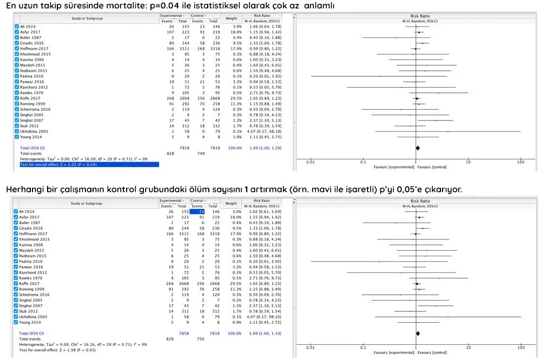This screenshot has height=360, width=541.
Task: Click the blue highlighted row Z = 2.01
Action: point(87,164)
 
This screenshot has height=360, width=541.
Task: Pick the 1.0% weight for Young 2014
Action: point(237,137)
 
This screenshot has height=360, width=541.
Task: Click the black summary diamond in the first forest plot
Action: point(418,148)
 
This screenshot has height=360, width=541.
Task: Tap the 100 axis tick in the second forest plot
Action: point(520,348)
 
